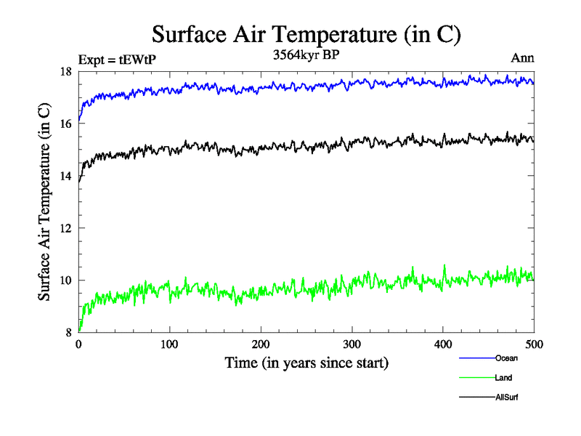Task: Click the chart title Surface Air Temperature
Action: [306, 34]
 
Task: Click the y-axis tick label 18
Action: [65, 71]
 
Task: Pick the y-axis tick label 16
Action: [65, 124]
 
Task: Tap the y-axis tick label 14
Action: [65, 176]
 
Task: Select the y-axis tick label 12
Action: [65, 228]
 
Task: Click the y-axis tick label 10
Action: [65, 280]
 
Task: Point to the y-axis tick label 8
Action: [69, 333]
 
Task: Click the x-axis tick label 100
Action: [169, 344]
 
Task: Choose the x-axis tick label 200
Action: [261, 344]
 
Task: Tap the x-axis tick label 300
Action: [352, 344]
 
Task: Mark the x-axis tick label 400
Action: [443, 344]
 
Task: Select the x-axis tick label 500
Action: [534, 344]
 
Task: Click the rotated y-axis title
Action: [44, 202]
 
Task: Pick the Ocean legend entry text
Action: [506, 358]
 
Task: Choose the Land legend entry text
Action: [504, 378]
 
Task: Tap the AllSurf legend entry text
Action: [507, 397]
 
